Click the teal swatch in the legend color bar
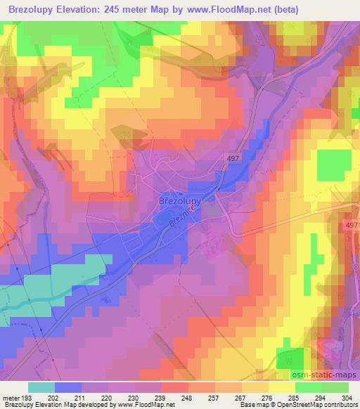tap(41, 387)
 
